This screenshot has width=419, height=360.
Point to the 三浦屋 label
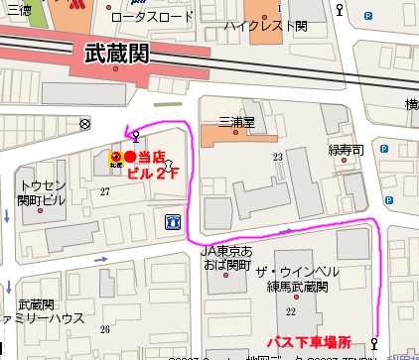tap(236, 121)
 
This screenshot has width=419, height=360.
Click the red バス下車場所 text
tap(316, 341)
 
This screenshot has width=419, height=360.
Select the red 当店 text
tap(152, 157)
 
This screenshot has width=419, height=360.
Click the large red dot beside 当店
tap(129, 157)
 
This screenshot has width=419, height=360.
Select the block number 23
tap(278, 157)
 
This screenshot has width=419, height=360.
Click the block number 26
tap(104, 329)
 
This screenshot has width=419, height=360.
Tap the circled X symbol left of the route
tap(84, 124)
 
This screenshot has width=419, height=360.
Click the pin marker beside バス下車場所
tap(374, 343)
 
